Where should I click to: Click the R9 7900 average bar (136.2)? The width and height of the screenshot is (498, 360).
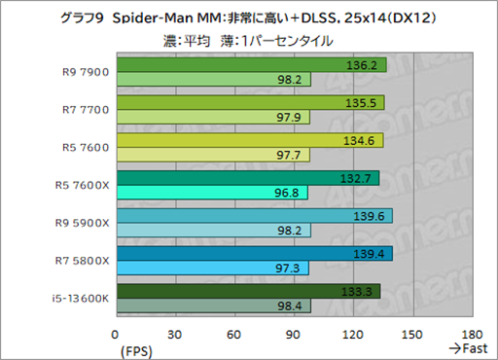tap(251, 65)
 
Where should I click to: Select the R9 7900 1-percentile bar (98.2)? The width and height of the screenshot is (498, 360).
tap(213, 80)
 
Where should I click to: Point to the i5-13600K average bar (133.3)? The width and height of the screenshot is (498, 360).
tap(248, 291)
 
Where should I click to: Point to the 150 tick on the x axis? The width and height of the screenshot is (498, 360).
tap(413, 332)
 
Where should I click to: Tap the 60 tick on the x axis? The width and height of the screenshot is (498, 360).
tap(234, 332)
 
